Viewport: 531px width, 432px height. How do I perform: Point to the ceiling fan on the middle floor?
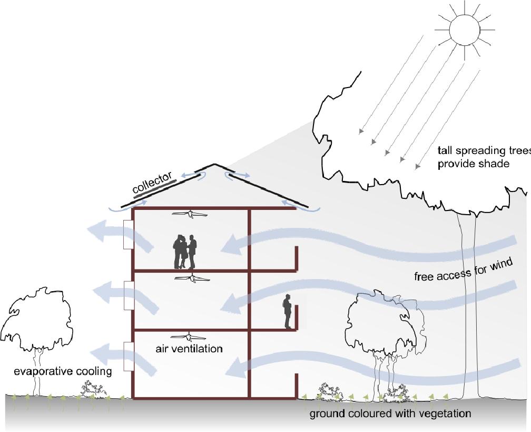[192, 278]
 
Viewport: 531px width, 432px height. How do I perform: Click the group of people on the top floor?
[185, 252]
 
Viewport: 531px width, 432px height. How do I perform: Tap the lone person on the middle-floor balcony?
[288, 312]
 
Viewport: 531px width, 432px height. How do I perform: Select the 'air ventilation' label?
[189, 349]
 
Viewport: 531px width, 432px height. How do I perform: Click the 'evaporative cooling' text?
[63, 371]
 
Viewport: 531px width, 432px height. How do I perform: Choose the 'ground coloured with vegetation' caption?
[390, 414]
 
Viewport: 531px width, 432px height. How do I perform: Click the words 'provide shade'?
[473, 164]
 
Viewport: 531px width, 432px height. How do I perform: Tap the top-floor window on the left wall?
[127, 234]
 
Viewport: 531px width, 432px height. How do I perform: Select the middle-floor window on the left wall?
[127, 295]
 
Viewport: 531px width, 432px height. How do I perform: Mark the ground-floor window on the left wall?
[127, 356]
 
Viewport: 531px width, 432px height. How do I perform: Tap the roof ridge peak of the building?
[213, 166]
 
